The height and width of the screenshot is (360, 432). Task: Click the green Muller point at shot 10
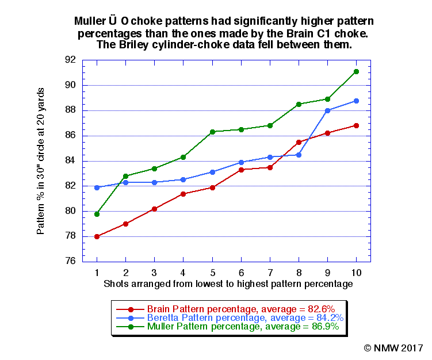(x=357, y=71)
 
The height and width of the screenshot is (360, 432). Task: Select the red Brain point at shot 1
(x=97, y=236)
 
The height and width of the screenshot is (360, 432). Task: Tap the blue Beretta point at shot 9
(x=328, y=110)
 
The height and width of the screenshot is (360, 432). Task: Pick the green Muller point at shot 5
(x=212, y=132)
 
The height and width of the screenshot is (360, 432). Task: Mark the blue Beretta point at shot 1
(x=97, y=187)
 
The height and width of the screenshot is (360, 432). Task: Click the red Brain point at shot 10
(x=357, y=125)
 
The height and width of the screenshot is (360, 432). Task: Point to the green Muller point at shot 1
(x=97, y=214)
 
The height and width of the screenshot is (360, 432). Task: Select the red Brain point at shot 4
(x=183, y=194)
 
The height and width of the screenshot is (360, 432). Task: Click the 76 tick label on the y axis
(x=71, y=261)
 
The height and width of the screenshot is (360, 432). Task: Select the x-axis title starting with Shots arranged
(x=228, y=284)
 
